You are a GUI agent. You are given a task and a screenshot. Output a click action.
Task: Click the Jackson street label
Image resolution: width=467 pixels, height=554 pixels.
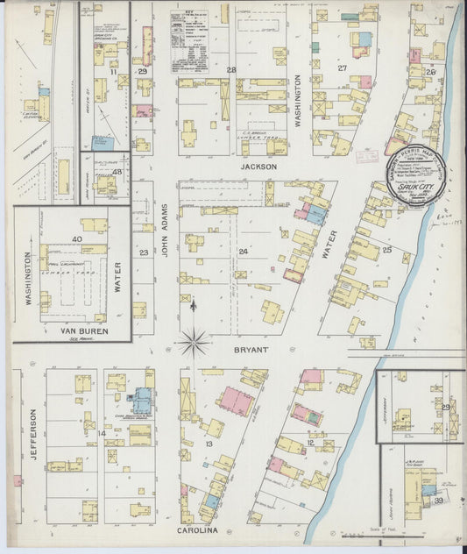(260, 166)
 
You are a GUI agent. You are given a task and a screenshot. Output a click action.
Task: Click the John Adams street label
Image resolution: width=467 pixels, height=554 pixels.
(164, 230)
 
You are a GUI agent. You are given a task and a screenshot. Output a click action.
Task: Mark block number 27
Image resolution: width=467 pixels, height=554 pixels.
(343, 67)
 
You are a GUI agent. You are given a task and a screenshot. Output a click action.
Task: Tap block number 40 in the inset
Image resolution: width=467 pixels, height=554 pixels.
(77, 238)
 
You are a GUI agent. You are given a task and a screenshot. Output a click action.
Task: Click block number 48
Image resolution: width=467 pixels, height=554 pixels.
(116, 172)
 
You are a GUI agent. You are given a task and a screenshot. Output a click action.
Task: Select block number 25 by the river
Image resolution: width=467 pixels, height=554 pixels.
(385, 250)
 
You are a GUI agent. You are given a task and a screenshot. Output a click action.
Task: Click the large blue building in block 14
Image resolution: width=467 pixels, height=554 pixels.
(140, 401)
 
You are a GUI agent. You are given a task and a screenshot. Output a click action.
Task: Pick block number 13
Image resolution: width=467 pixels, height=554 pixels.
(209, 444)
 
